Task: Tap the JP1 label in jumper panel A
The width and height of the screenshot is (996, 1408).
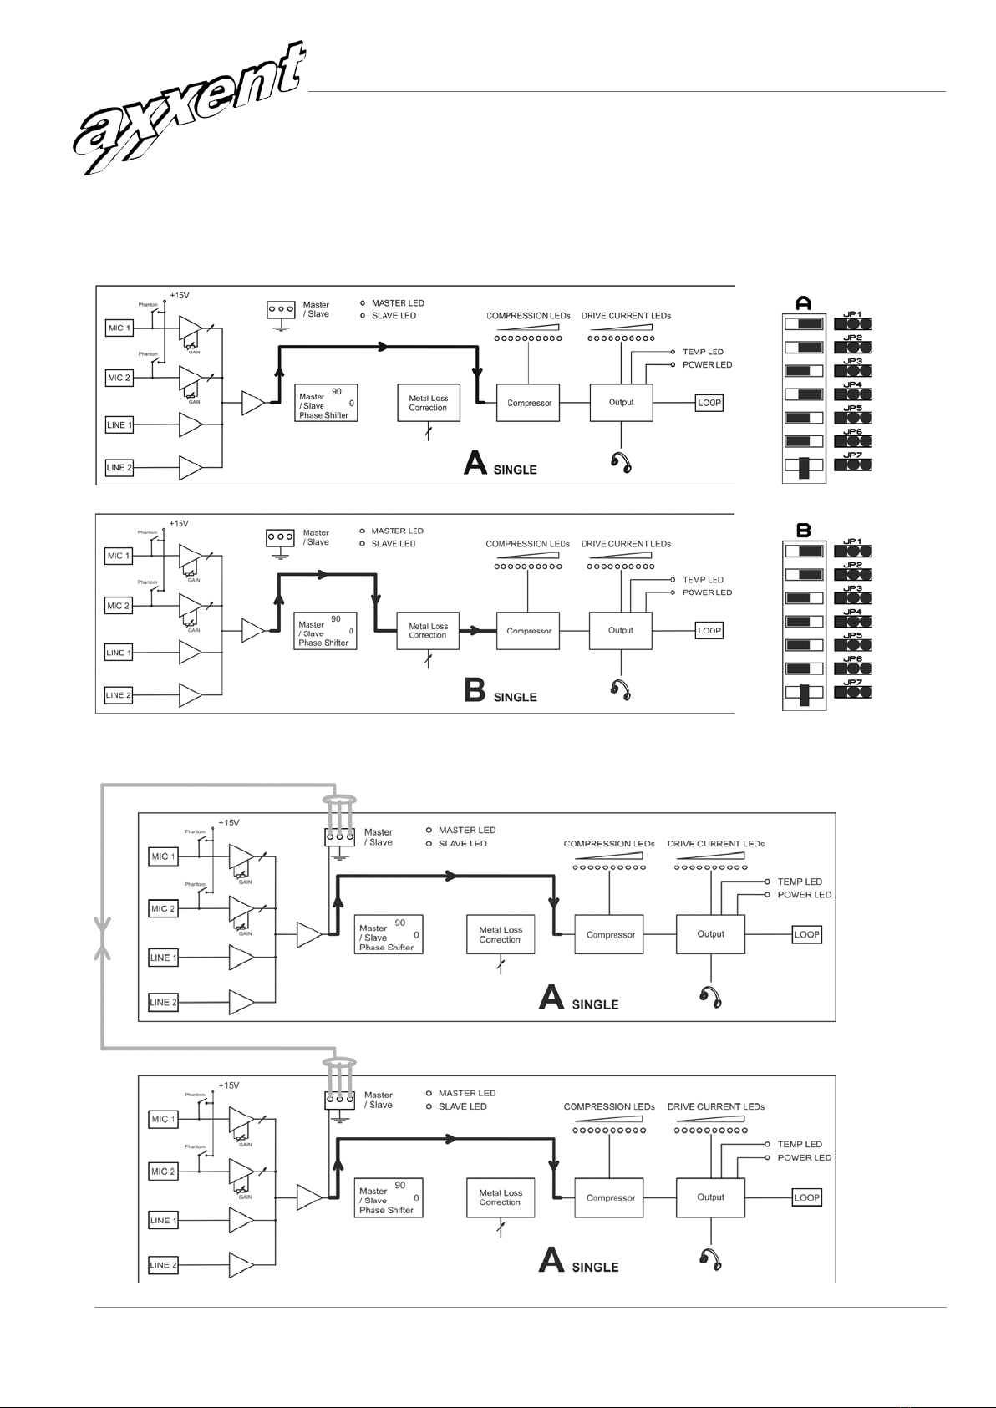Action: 852,314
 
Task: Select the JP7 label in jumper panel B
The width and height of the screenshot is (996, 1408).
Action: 852,683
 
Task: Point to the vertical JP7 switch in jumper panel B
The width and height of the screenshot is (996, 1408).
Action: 805,695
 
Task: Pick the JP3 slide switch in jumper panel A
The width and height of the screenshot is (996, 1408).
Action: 804,370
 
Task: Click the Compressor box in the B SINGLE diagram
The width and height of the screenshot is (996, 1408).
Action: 529,631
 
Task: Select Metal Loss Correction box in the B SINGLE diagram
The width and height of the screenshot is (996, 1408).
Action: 428,631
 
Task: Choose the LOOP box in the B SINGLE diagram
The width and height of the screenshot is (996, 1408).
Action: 709,631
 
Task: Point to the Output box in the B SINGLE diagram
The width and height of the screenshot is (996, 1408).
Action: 621,630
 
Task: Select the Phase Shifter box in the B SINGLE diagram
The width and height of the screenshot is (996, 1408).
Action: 326,633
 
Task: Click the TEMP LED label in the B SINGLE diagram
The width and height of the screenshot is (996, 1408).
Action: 703,580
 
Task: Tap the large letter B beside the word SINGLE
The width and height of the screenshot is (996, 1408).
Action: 475,691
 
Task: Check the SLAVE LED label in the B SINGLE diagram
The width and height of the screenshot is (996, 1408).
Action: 393,544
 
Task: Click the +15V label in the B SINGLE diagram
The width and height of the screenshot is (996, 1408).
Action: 179,524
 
